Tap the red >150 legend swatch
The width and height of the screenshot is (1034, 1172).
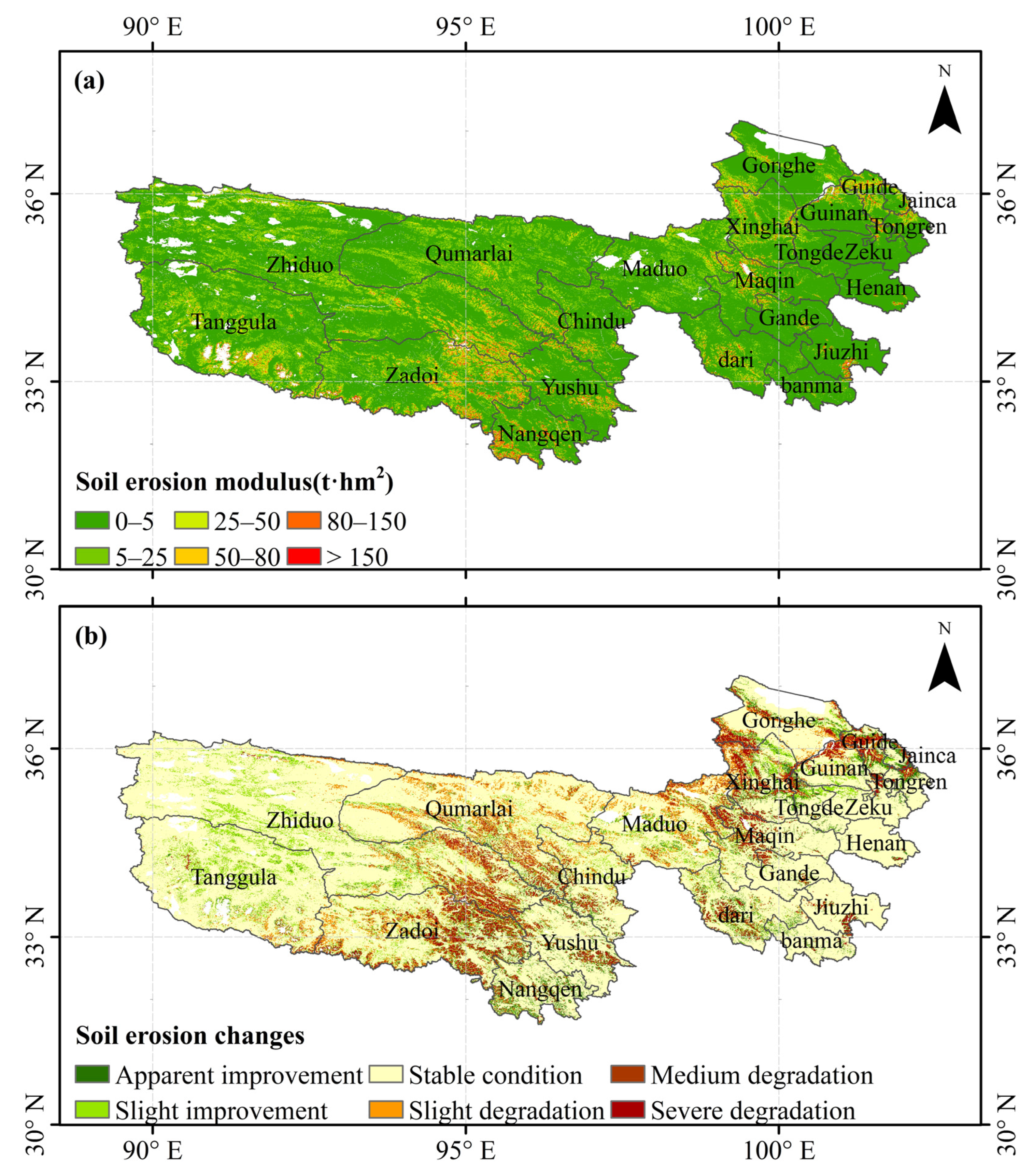coord(304,556)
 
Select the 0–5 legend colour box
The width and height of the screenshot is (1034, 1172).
coord(92,521)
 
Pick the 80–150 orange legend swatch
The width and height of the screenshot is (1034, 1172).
coord(304,521)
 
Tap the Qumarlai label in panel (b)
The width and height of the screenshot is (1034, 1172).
coord(469,809)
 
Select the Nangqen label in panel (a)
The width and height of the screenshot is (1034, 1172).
coord(540,434)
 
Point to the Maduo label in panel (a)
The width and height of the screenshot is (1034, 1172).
coord(654,268)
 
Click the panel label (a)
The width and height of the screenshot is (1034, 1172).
coord(89,81)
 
